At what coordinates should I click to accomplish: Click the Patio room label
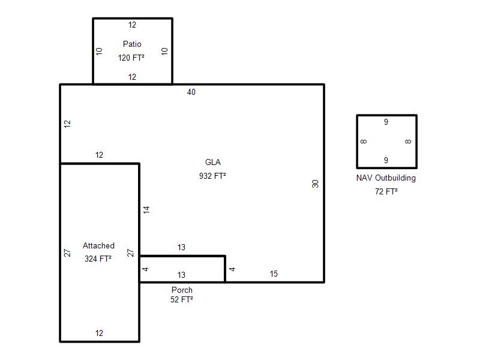pos(132,44)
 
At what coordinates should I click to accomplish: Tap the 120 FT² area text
pos(131,58)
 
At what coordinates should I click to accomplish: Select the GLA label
pos(213,162)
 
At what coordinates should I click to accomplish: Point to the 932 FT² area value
pos(212,176)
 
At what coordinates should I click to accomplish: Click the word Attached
pos(98,245)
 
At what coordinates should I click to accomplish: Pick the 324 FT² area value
pos(98,259)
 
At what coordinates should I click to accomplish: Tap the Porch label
pos(182,290)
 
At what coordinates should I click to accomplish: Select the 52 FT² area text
pos(182,299)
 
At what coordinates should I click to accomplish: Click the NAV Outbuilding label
pos(386,178)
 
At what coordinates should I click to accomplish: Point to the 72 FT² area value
pos(386,191)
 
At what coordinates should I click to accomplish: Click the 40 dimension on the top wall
pos(191,92)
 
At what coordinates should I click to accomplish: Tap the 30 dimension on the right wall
pos(316,184)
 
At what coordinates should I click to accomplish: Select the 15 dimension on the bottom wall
pos(274,274)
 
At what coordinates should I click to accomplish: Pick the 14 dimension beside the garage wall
pos(146,209)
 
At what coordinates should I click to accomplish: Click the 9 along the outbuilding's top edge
pos(386,122)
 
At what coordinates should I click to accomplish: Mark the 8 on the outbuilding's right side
pos(408,142)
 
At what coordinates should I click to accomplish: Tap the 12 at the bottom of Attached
pos(99,333)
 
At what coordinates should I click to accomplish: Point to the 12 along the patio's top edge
pos(132,25)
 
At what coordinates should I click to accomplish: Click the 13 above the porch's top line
pos(181,247)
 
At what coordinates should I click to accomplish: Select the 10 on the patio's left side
pos(99,51)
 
